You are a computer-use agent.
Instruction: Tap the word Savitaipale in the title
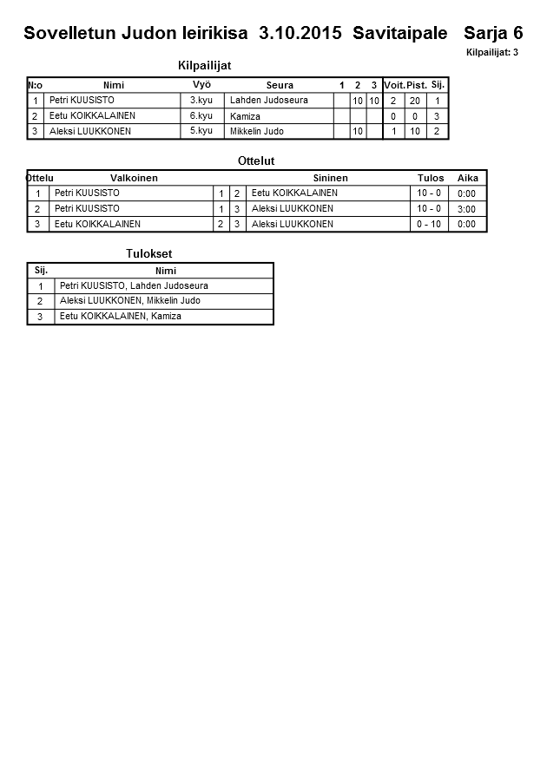click(x=400, y=34)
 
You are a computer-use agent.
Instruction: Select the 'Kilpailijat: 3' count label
click(x=492, y=53)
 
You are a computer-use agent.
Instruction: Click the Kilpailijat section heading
click(x=204, y=65)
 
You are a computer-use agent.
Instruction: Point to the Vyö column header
click(x=201, y=85)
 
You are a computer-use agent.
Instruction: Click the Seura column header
click(x=280, y=85)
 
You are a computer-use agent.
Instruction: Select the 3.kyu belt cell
click(x=201, y=101)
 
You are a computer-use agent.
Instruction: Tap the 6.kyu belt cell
click(x=201, y=115)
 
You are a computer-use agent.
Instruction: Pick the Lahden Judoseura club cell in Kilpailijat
click(x=269, y=101)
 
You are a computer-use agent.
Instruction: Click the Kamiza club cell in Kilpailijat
click(x=246, y=116)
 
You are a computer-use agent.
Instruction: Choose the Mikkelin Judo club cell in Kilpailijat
click(x=257, y=131)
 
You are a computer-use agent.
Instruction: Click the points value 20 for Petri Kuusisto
click(x=414, y=102)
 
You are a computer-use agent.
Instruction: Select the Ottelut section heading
click(x=256, y=160)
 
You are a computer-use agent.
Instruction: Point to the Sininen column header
click(x=330, y=178)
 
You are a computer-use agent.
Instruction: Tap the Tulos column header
click(x=431, y=178)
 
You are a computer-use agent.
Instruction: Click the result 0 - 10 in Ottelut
click(x=429, y=224)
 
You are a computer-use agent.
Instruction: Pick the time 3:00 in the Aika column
click(x=466, y=209)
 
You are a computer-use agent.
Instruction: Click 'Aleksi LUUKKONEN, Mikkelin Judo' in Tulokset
click(x=130, y=301)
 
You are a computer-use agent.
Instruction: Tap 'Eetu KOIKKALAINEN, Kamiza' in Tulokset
click(x=121, y=317)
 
